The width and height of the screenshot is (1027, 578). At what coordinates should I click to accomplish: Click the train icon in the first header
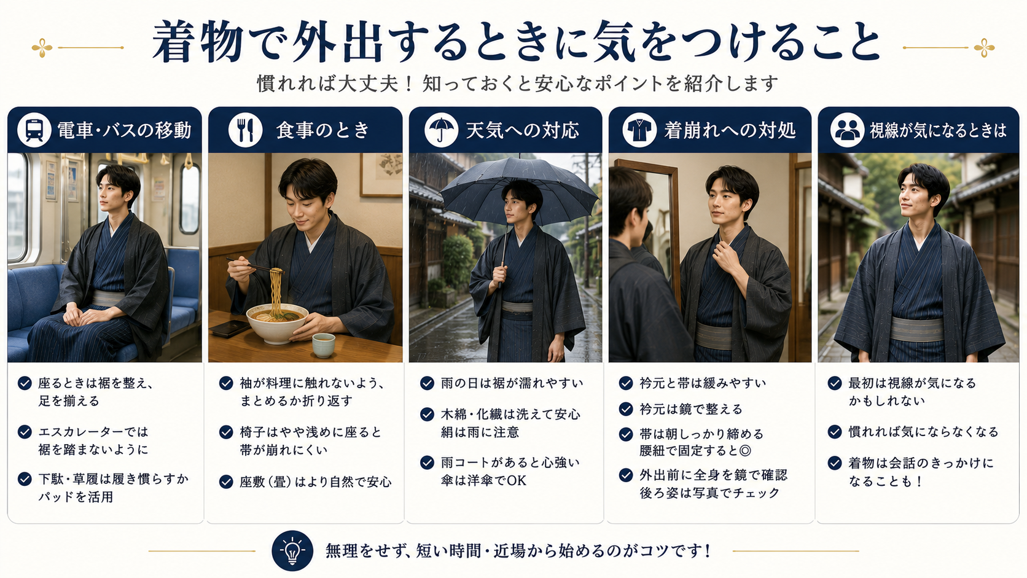point(34,130)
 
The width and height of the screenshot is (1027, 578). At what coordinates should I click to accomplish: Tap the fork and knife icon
point(245,130)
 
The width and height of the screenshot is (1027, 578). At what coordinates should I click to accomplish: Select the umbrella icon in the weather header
point(441,130)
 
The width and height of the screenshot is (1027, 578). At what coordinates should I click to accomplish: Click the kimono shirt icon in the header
point(639,130)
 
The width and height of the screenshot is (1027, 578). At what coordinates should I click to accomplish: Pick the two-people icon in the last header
point(847,130)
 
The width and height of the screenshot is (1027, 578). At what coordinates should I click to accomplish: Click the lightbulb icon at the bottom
point(292,550)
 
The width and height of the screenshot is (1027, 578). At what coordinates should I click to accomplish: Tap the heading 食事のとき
point(322,130)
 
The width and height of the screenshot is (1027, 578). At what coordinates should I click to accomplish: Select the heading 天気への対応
point(522,130)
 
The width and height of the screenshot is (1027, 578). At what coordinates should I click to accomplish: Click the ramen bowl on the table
point(277,322)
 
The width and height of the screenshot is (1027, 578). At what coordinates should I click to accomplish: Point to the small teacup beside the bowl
point(324,345)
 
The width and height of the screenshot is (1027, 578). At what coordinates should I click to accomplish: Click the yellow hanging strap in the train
point(189,162)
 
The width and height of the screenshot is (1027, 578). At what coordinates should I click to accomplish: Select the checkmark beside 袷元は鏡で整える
point(626,409)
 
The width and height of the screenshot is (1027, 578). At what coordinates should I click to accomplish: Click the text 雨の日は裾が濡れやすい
point(512,383)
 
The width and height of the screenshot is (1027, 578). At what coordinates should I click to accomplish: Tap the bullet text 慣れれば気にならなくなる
point(923,431)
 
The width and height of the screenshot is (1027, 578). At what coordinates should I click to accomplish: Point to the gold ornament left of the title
point(42,48)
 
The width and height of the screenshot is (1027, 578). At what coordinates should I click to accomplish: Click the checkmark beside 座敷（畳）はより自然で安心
point(226,482)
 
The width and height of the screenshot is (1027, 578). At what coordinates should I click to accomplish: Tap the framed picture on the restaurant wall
point(381,174)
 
